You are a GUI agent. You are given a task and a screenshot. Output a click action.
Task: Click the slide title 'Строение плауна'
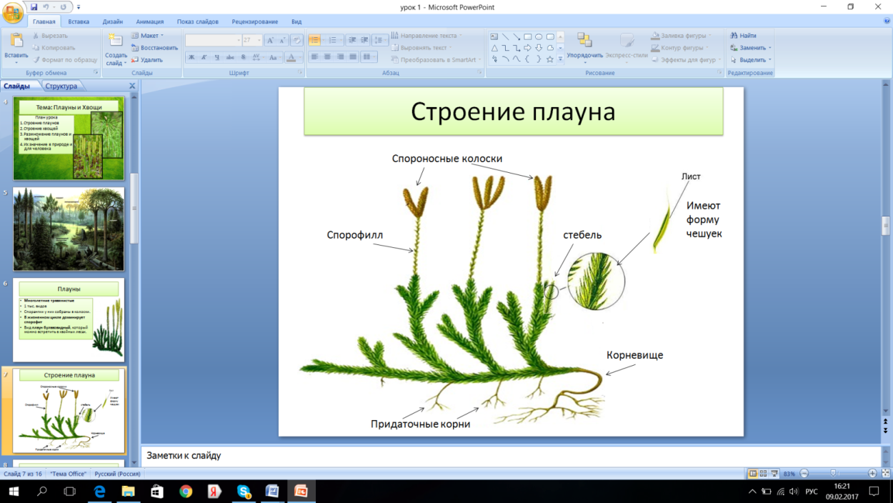pyautogui.click(x=513, y=111)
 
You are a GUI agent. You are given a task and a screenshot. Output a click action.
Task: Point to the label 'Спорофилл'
pyautogui.click(x=355, y=234)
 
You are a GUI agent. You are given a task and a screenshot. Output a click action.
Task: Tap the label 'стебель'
pyautogui.click(x=582, y=234)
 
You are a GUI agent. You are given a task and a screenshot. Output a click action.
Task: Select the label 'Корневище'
pyautogui.click(x=634, y=354)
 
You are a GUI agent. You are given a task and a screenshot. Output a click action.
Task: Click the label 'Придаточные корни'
pyautogui.click(x=420, y=424)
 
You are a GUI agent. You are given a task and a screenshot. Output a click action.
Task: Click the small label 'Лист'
pyautogui.click(x=691, y=176)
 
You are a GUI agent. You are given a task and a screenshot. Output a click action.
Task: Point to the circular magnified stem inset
pyautogui.click(x=596, y=281)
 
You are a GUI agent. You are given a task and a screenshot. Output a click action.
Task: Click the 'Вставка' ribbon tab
pyautogui.click(x=79, y=21)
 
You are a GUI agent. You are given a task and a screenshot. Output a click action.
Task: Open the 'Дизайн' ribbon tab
pyautogui.click(x=113, y=21)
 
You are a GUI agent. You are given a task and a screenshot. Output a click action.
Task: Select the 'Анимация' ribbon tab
pyautogui.click(x=150, y=21)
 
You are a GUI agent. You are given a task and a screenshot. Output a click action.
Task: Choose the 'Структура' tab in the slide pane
pyautogui.click(x=61, y=86)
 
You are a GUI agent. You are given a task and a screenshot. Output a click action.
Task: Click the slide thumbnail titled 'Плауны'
pyautogui.click(x=69, y=319)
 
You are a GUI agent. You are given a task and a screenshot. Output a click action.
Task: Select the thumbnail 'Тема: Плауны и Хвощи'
pyautogui.click(x=69, y=138)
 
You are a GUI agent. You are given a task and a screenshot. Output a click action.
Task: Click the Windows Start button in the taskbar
pyautogui.click(x=14, y=492)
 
